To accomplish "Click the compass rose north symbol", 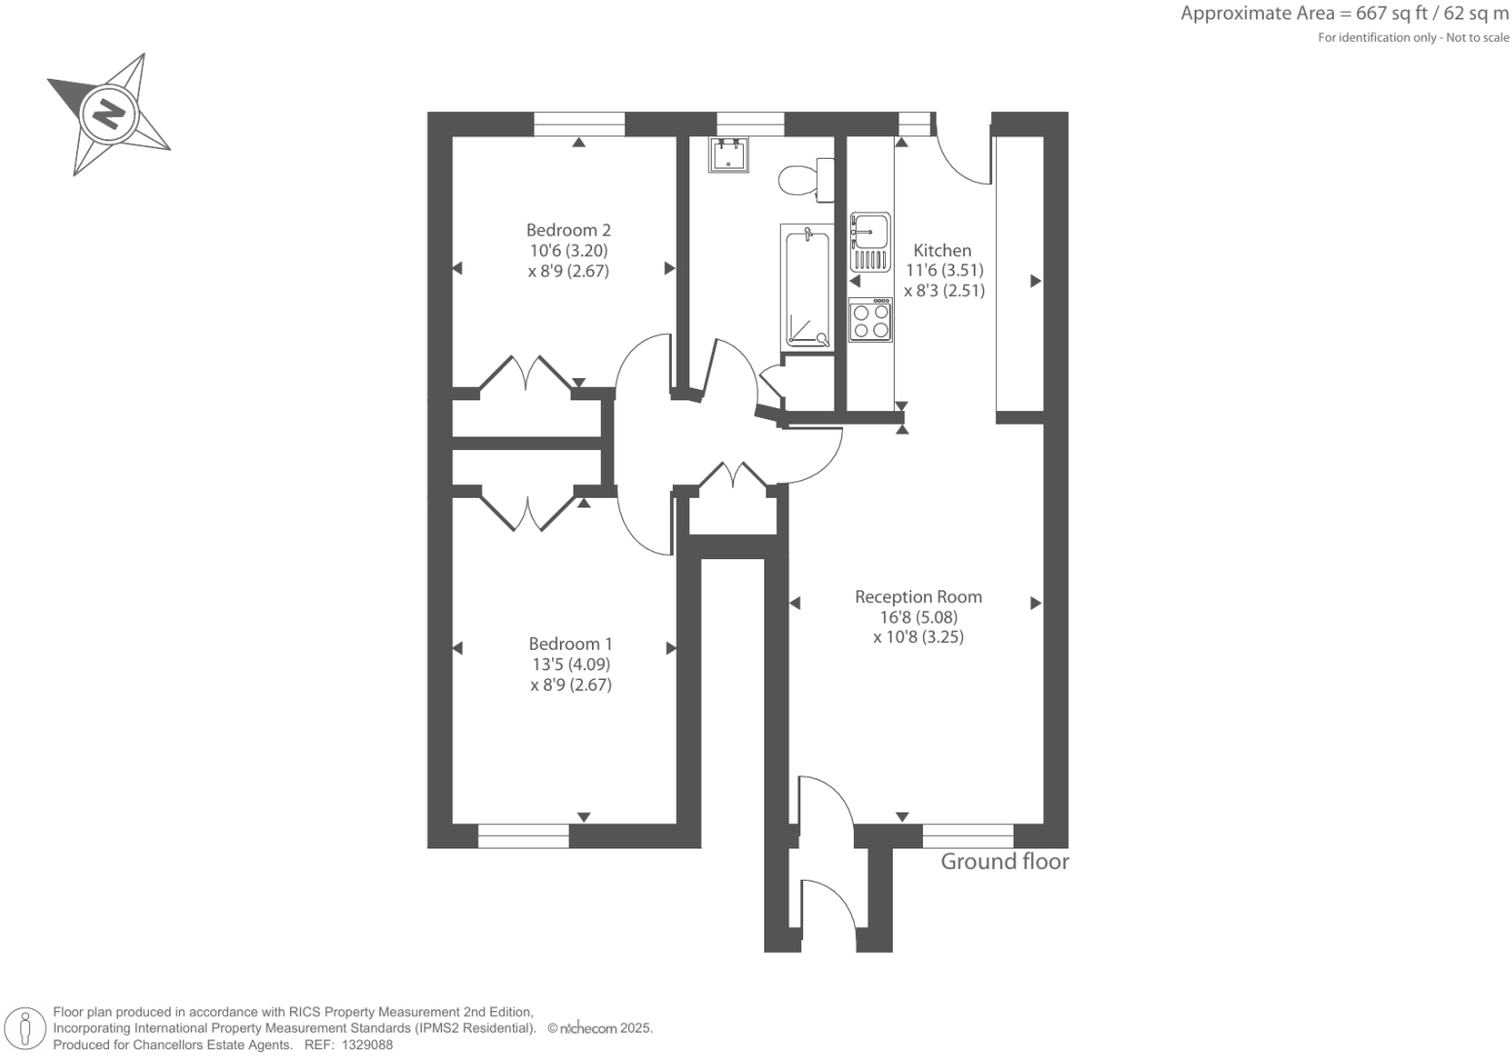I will point(108,114).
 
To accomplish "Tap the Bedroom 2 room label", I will point(569,231).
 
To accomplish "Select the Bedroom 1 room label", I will point(571,644).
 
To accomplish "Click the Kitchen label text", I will point(941,250).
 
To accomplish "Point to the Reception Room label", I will point(918,597).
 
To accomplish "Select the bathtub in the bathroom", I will point(807,286).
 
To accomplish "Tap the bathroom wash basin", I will point(729,155).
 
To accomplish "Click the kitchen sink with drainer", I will point(869,242).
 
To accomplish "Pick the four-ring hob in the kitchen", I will point(870,321).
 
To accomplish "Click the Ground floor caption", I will point(1004,862).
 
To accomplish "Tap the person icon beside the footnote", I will point(26,1030).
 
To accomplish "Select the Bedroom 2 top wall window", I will point(579,124).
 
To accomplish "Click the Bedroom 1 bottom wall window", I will point(524,836).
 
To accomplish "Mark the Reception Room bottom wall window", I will point(968,836).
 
